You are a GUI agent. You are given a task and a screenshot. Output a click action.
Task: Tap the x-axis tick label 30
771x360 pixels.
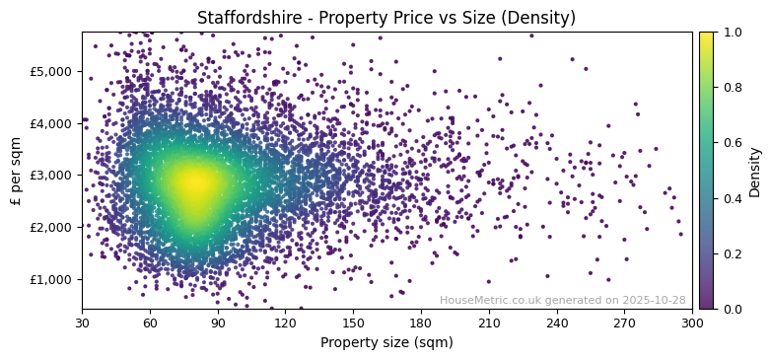point(82,323)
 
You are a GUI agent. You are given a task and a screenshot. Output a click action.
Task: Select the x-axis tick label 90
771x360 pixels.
point(218,323)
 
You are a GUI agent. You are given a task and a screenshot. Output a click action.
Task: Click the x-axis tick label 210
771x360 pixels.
point(489,323)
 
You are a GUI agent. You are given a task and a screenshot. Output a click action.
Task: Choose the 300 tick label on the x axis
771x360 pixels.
point(692,323)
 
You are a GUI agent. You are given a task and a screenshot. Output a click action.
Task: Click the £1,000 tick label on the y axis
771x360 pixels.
point(49,279)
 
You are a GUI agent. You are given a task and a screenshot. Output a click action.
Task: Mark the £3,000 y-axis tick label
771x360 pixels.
point(49,176)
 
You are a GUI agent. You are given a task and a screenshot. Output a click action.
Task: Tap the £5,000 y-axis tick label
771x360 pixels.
point(49,72)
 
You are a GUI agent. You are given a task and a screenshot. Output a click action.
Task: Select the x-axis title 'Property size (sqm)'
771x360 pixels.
point(386,342)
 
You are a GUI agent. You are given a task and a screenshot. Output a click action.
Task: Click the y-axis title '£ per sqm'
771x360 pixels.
point(17,171)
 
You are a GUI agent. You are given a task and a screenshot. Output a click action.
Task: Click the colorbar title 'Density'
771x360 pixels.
point(755,171)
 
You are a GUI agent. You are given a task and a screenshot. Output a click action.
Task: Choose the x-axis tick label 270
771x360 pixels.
point(624,323)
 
